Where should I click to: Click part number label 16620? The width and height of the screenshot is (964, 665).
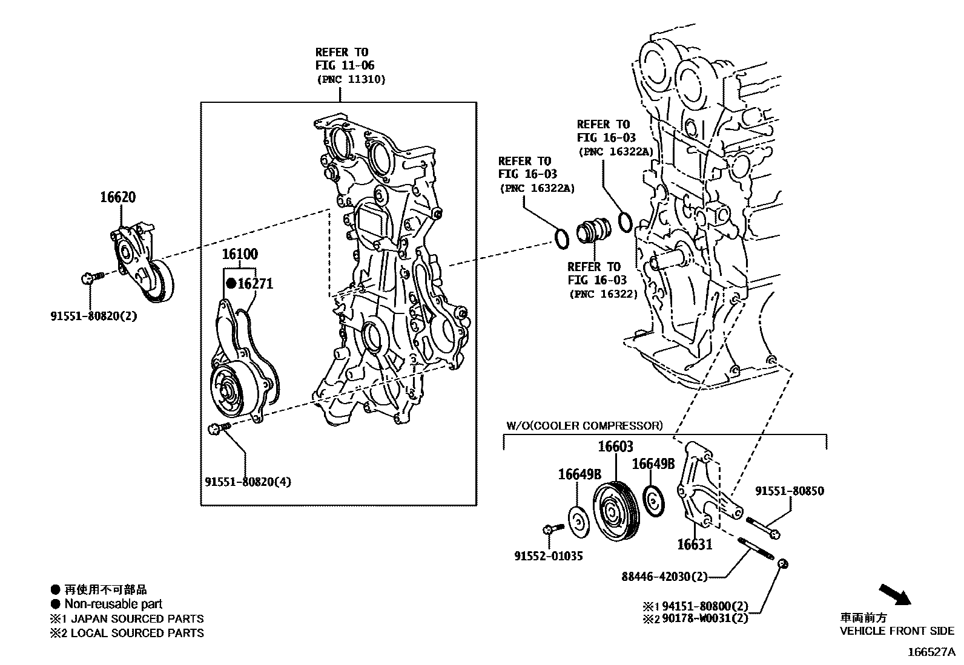point(117,197)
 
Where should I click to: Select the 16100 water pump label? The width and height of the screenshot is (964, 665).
point(239,254)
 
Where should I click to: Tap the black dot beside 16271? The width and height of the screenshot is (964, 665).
point(231,283)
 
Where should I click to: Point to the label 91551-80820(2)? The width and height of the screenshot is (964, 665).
point(93,316)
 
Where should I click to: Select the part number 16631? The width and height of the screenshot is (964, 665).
point(694,545)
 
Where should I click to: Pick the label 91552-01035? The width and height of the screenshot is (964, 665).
point(548,556)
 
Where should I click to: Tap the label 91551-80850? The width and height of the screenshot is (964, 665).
point(788,491)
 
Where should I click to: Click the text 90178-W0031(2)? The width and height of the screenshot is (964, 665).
point(705,618)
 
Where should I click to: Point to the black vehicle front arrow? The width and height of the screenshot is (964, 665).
point(894,594)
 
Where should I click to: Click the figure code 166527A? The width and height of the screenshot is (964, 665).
point(930,652)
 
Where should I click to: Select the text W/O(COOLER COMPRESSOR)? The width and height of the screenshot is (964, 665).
point(584,425)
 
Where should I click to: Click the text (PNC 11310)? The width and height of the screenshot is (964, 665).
point(350,79)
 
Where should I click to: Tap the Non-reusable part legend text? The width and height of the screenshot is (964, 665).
point(113,604)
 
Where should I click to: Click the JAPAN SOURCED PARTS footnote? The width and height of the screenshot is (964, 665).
point(134,618)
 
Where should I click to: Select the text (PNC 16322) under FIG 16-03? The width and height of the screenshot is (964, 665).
point(603,294)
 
